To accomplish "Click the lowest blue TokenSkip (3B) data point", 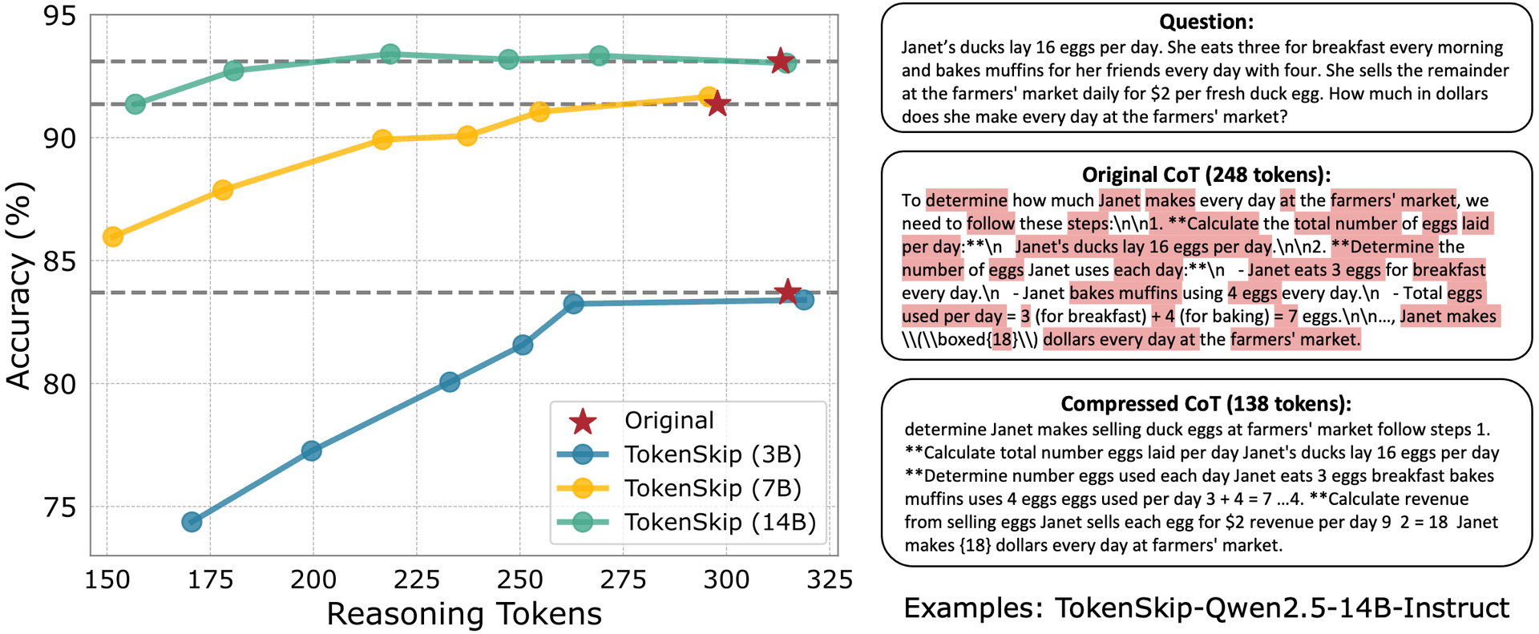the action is (x=192, y=522).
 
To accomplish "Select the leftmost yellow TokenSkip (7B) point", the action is (x=113, y=236).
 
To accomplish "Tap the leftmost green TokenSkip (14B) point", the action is (x=135, y=104).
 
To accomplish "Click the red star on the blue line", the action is (x=788, y=292).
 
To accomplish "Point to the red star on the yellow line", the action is (x=717, y=103).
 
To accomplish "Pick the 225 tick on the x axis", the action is (x=416, y=579).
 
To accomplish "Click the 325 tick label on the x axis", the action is (x=830, y=579).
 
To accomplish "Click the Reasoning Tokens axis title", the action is (x=464, y=614).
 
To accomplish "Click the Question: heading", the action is (x=1206, y=22).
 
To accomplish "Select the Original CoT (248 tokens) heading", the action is (x=1206, y=175).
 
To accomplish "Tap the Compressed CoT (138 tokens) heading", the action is (x=1206, y=403).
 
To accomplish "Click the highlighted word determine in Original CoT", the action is (x=967, y=200).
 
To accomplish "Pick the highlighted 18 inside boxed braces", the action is (x=1002, y=340).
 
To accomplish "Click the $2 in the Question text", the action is (x=1160, y=94).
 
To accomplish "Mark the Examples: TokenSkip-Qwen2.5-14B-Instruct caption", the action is (x=1206, y=608).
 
